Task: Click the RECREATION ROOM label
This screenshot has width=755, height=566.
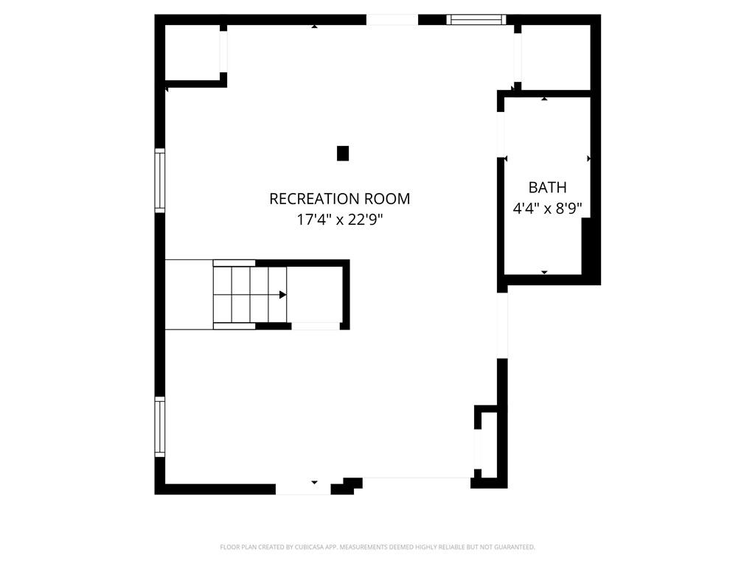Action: tap(339, 199)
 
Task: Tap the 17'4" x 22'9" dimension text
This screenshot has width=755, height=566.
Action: tap(339, 220)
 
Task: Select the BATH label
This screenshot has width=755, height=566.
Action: tap(548, 187)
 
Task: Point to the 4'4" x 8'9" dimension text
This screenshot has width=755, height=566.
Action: tap(548, 209)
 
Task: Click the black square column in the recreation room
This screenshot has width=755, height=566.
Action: tap(342, 153)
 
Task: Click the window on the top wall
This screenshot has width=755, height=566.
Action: tap(476, 20)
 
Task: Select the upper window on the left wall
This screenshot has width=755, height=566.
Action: tap(160, 181)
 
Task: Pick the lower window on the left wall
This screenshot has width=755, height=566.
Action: tap(160, 427)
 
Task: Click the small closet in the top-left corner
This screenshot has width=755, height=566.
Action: tap(192, 52)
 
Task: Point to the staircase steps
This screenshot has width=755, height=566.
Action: tap(250, 295)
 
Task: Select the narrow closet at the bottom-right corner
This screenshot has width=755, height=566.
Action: tap(489, 445)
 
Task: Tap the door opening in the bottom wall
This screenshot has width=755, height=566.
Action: tap(303, 489)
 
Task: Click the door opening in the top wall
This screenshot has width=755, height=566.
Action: tap(392, 20)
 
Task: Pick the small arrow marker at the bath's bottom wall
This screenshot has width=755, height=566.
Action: tap(544, 273)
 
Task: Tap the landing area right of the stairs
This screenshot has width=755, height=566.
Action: tap(314, 295)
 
